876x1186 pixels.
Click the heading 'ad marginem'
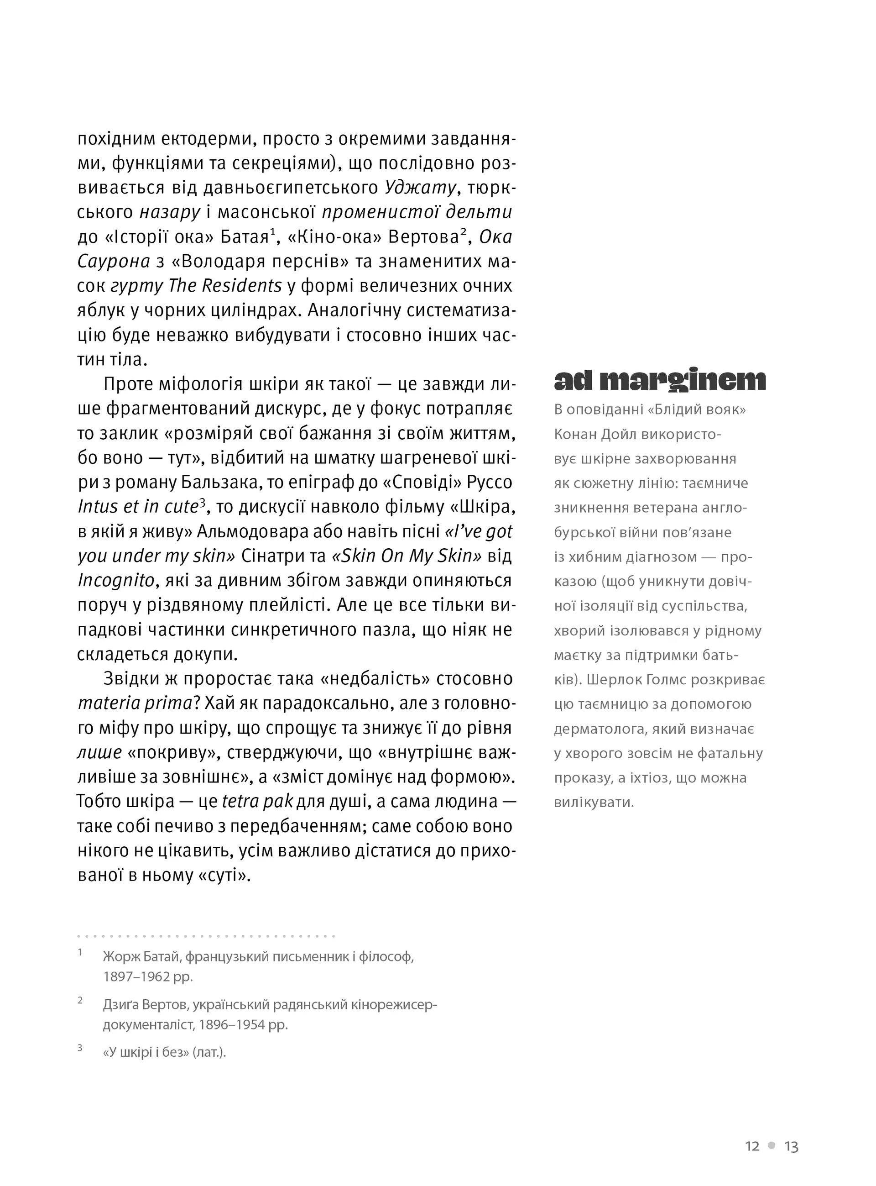[x=660, y=380]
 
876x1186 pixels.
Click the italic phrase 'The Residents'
[x=225, y=286]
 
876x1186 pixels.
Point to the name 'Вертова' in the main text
[x=424, y=237]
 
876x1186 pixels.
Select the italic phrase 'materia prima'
[x=135, y=703]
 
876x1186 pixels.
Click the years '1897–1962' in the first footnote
[x=136, y=976]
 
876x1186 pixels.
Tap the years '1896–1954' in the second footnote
[x=232, y=1024]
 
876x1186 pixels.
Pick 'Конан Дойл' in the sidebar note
[x=594, y=435]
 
